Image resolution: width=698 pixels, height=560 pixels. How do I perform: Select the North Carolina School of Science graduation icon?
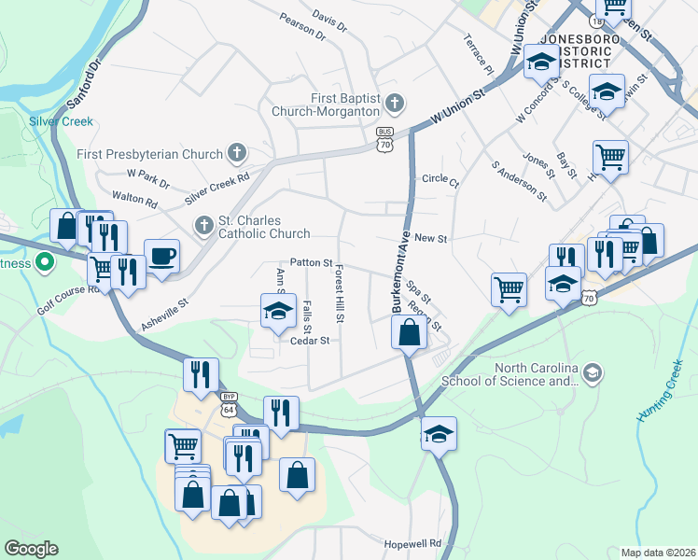click(x=591, y=373)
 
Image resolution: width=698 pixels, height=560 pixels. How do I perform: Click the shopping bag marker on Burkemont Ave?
click(x=409, y=331)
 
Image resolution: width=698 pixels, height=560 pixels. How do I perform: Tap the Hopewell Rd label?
click(x=412, y=543)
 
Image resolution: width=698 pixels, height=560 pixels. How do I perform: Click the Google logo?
click(x=31, y=549)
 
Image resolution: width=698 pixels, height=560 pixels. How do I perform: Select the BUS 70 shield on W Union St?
click(x=385, y=140)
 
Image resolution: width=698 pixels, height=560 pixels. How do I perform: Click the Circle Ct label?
click(x=440, y=179)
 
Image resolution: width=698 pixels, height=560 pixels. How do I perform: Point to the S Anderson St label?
click(x=520, y=178)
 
